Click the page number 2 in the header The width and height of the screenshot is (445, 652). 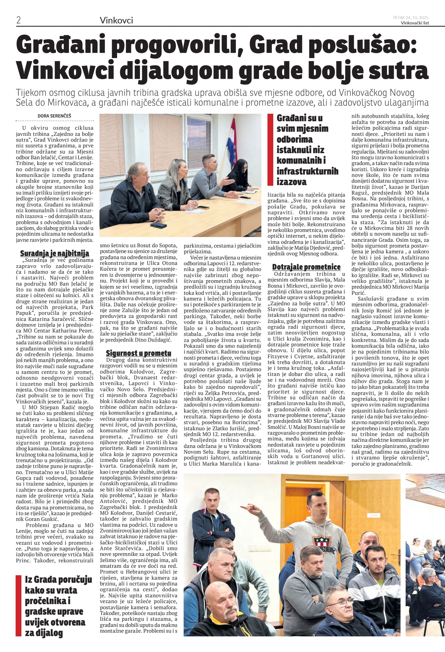coord(19,20)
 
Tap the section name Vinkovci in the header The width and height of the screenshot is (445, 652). coord(116,20)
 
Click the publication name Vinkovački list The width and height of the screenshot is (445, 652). coord(415,23)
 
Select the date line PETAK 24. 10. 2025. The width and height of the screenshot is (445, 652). coord(411,17)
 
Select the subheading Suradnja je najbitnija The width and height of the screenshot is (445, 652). coord(54,253)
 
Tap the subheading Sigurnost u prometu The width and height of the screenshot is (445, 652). coord(138,353)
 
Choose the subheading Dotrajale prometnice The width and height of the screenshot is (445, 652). coord(306,267)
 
